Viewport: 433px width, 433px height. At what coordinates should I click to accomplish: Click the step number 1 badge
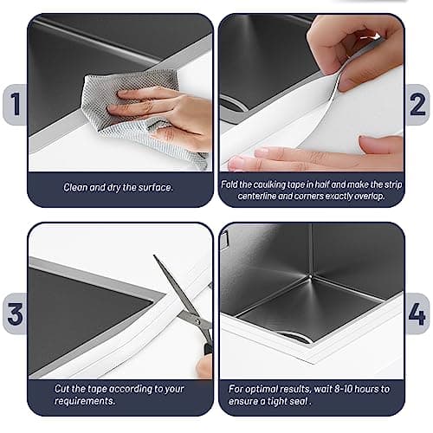(13, 104)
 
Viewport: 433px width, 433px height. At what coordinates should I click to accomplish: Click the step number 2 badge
(419, 104)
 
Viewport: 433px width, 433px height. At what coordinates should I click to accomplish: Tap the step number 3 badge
(13, 313)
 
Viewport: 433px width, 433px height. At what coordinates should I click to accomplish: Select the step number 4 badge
(419, 313)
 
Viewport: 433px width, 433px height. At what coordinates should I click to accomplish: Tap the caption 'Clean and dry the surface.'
(120, 187)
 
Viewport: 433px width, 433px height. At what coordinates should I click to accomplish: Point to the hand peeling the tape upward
(355, 48)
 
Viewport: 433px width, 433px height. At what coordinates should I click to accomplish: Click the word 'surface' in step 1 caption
(156, 187)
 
